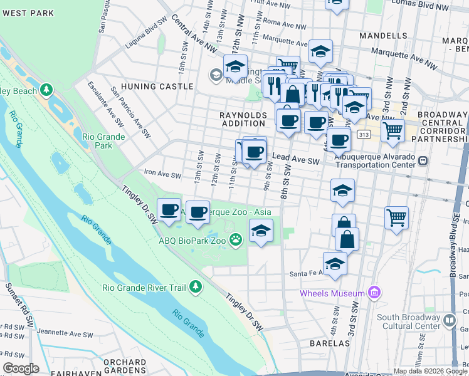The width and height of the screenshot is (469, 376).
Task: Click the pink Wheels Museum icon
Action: [375, 293]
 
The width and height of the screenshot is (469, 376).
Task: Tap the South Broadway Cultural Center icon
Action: [450, 321]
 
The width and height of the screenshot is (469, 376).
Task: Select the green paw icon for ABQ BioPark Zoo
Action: [236, 239]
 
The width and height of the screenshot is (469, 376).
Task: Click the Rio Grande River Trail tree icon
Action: [196, 287]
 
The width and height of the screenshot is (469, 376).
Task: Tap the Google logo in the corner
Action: [20, 368]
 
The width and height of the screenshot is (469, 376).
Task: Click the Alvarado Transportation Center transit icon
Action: [423, 161]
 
